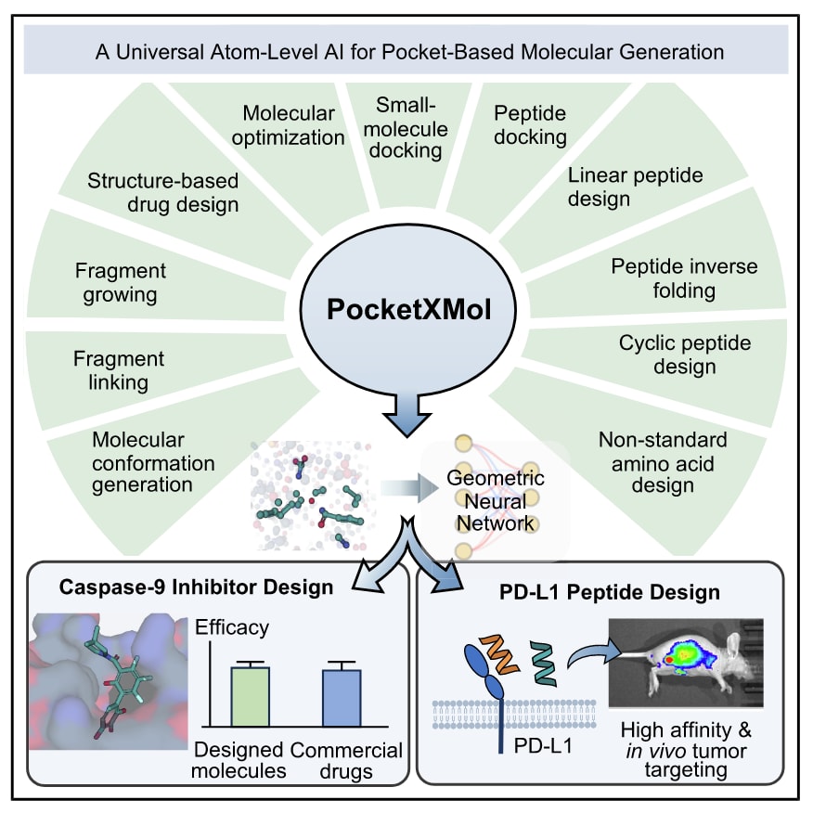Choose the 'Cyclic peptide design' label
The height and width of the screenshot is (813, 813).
[x=685, y=355]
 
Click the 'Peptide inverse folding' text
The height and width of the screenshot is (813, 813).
[x=683, y=278]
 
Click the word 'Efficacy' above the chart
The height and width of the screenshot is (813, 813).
[x=231, y=627]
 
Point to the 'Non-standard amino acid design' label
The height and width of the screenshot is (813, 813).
[x=663, y=461]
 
